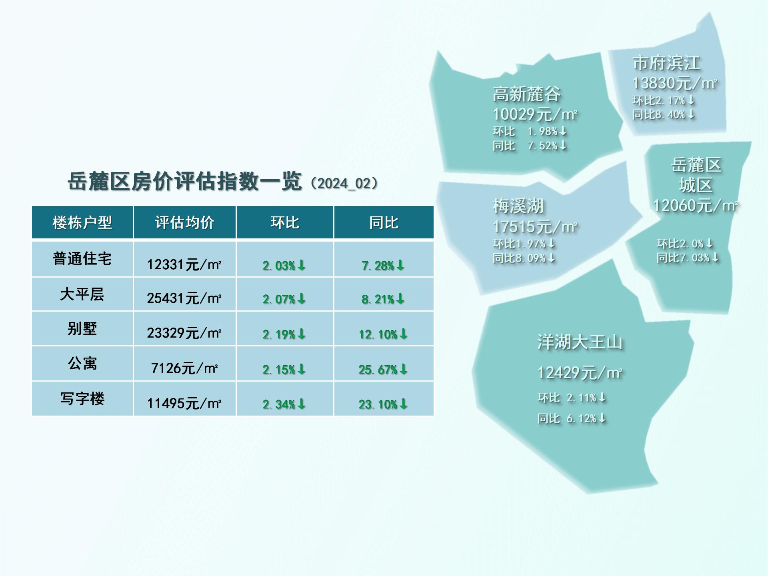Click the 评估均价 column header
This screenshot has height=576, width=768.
[184, 222]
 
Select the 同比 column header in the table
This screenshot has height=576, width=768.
[384, 222]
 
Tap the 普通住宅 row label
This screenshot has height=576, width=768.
[82, 258]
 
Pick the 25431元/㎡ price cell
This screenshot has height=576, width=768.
[184, 298]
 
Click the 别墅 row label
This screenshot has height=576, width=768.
[82, 328]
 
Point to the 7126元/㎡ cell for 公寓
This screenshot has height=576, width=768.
[184, 368]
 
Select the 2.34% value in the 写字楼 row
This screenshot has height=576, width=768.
[284, 404]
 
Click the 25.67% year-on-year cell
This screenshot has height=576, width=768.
[383, 369]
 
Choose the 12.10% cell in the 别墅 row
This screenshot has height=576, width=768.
[383, 334]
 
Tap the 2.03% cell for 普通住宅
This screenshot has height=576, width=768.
[284, 265]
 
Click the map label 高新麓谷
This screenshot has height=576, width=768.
[526, 94]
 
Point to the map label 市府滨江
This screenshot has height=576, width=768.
[666, 63]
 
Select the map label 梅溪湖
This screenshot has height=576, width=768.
[518, 206]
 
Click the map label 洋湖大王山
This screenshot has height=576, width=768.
[580, 342]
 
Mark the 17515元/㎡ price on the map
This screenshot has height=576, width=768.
[535, 227]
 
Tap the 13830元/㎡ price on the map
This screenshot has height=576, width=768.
[675, 83]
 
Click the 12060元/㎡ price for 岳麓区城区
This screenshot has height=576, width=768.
[696, 206]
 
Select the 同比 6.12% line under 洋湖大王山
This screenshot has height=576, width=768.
[572, 418]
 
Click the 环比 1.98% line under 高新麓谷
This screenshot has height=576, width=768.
[530, 131]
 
